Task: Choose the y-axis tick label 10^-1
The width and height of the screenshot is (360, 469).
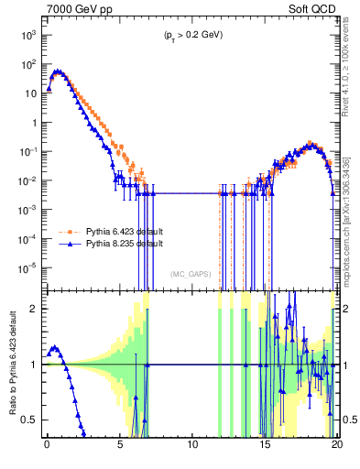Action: (x=27, y=151)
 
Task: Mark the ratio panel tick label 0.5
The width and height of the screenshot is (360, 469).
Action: (x=31, y=420)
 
